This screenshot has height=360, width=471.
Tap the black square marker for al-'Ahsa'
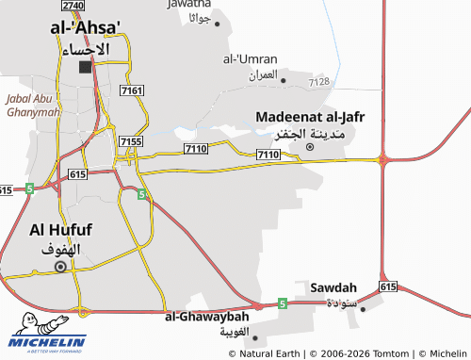tap(87, 67)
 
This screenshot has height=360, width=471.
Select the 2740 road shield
tap(74, 6)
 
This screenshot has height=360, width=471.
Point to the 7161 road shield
tap(133, 90)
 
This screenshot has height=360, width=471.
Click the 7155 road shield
tap(131, 140)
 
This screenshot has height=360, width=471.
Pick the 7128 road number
tap(319, 82)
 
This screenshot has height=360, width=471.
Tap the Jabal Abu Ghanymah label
tap(33, 105)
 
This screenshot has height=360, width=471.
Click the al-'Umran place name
tap(250, 58)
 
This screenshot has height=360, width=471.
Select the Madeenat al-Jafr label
tap(310, 117)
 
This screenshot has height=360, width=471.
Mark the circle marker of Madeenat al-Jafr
tap(311, 146)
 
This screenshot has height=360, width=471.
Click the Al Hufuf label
tap(62, 229)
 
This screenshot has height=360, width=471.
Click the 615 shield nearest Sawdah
tap(388, 286)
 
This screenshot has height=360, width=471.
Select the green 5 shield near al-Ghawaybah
tap(282, 303)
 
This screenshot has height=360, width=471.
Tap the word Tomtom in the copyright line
tap(390, 352)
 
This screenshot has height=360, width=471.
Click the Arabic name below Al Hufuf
tap(62, 249)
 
